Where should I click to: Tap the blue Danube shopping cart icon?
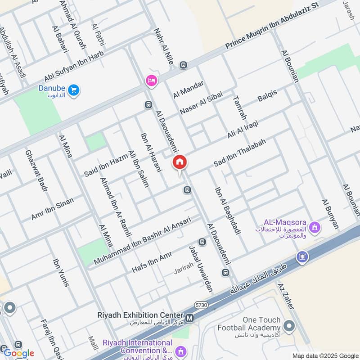[x=75, y=90]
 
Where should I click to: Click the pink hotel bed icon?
[x=151, y=81]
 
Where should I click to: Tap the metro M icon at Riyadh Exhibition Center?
[x=190, y=318]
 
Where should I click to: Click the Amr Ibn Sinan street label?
[x=52, y=207]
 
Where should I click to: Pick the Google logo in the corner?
[x=19, y=353]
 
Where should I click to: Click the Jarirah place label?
[x=184, y=271]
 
